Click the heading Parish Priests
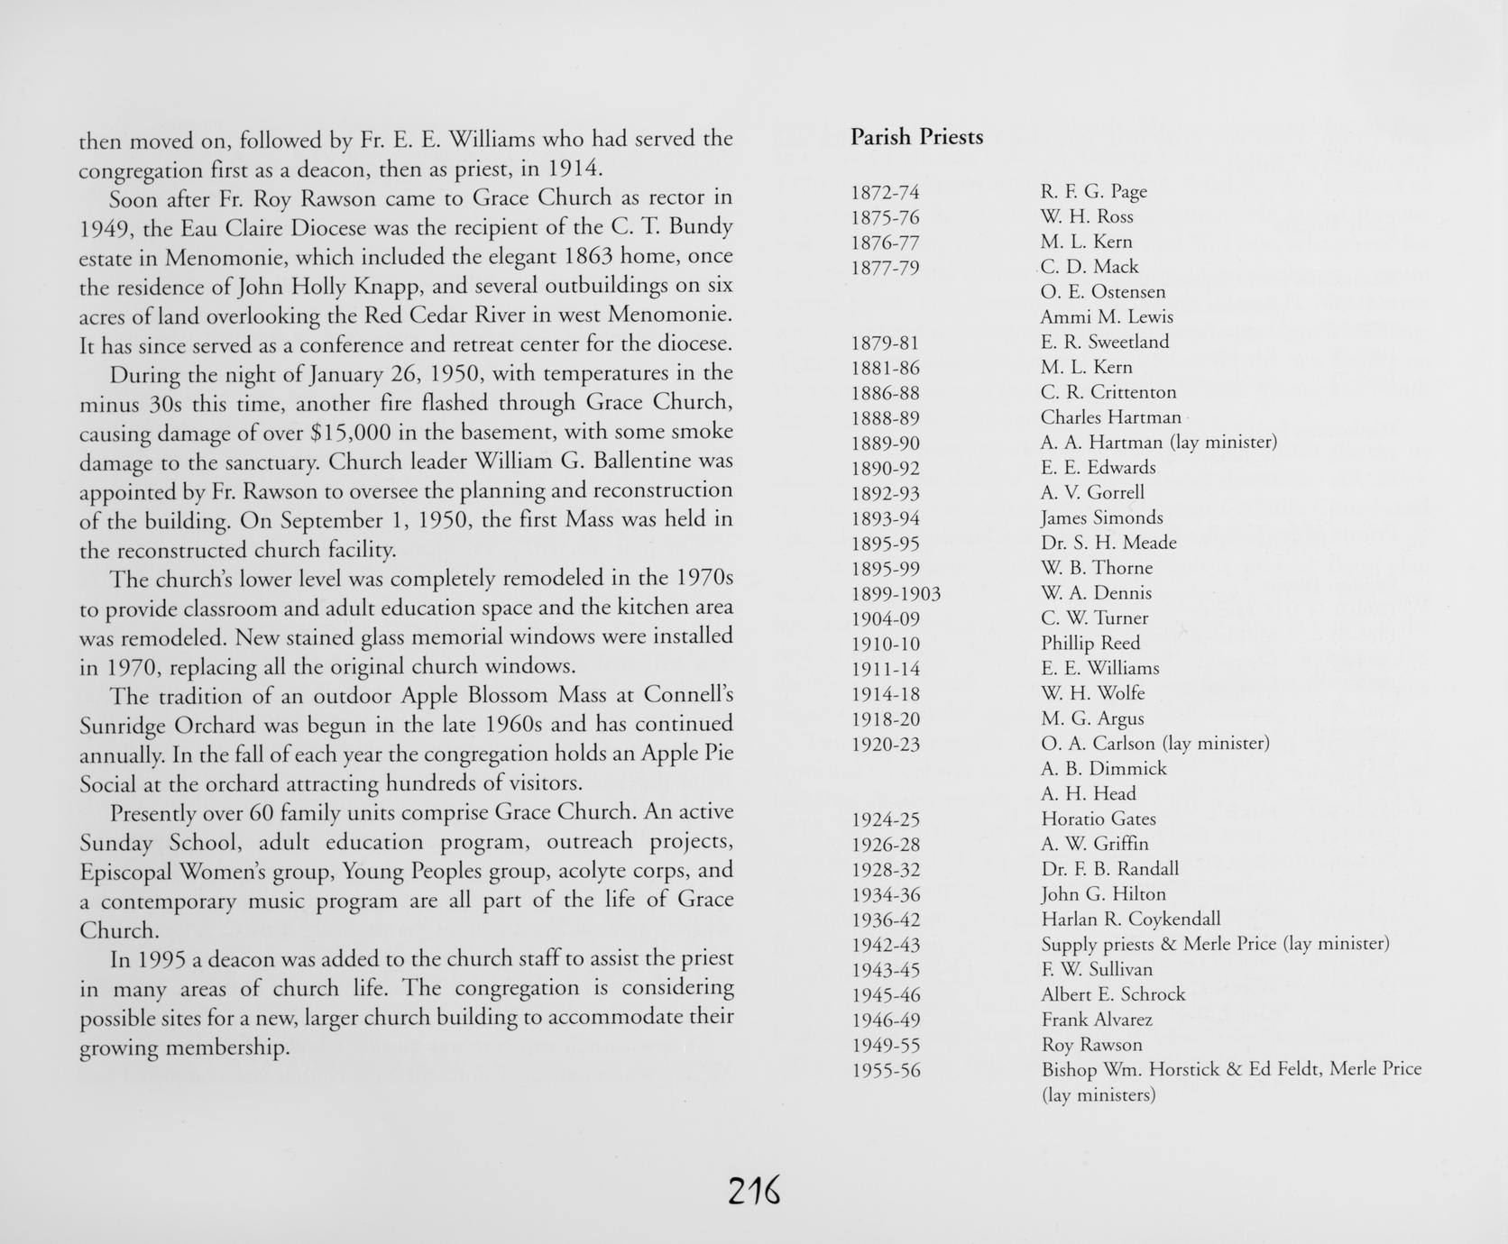(916, 137)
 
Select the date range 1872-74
(885, 192)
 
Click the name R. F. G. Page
(1093, 191)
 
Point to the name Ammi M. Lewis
(1107, 316)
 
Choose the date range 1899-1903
(896, 594)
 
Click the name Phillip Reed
(1090, 644)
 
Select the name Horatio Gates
(1098, 819)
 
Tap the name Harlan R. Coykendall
(1130, 919)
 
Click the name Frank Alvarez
(1097, 1020)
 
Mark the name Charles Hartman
(1110, 417)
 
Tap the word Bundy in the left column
(699, 226)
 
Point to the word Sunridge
(123, 726)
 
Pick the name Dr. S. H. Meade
(1108, 543)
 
